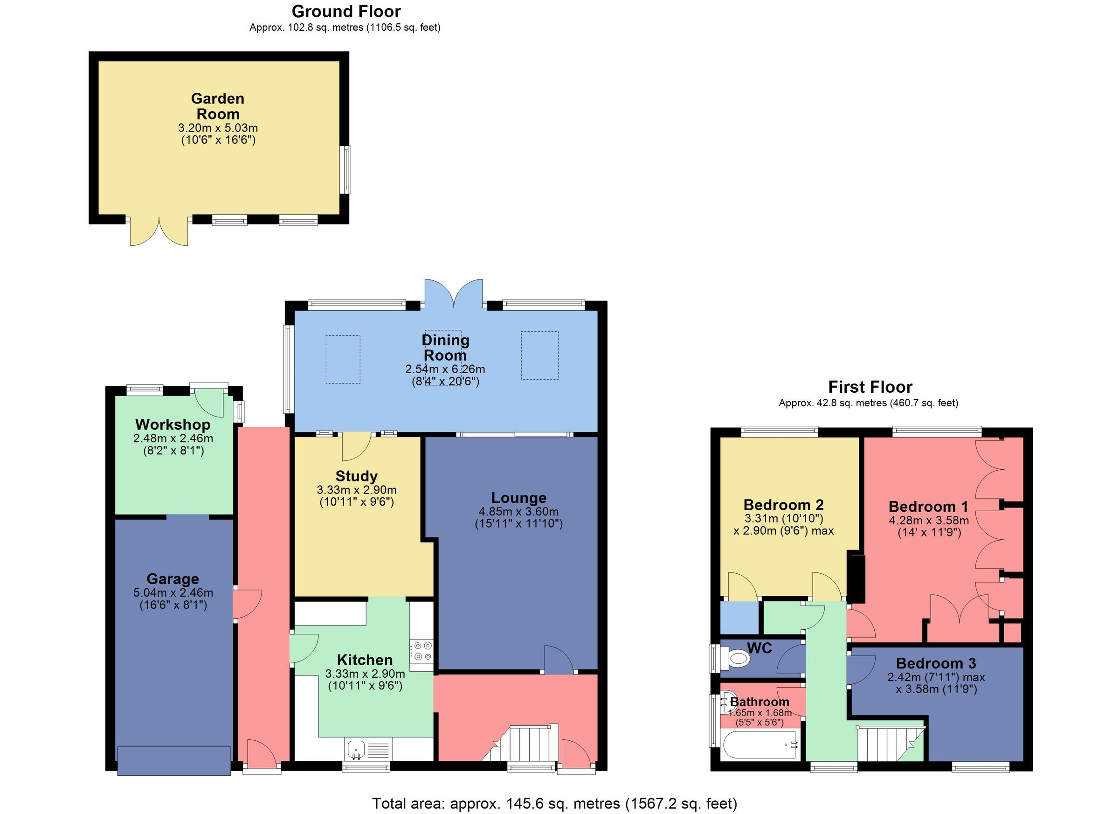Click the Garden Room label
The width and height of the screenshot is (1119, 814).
[x=218, y=106]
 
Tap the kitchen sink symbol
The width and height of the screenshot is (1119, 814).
[x=356, y=749]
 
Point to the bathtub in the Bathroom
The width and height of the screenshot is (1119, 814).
[x=758, y=745]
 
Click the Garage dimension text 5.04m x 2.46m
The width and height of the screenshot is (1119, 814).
[x=173, y=593]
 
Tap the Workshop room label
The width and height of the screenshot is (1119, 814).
[x=173, y=424]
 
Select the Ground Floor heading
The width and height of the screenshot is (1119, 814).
[x=346, y=11]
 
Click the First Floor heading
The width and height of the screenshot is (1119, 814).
[x=870, y=387]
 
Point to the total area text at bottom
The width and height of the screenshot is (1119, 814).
[x=554, y=803]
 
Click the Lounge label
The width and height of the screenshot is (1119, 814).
[x=518, y=498]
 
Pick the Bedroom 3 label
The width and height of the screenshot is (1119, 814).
[x=936, y=663]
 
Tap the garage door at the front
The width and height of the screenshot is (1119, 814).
[x=173, y=761]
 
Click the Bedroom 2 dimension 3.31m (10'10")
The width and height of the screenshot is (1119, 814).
[x=783, y=518]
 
